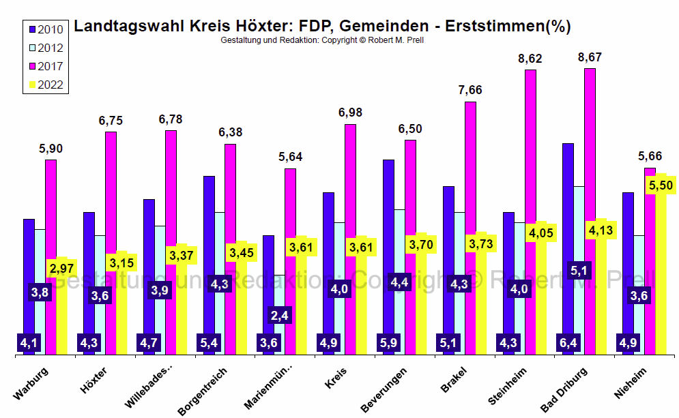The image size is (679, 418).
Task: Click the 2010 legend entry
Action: click(x=45, y=29)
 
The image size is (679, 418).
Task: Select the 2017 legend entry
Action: click(x=45, y=66)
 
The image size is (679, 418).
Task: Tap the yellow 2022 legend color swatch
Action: click(x=30, y=85)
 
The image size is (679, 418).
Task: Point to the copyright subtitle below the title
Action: click(x=322, y=41)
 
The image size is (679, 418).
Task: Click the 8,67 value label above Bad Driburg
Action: click(x=590, y=57)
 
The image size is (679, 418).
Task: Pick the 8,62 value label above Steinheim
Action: click(x=530, y=59)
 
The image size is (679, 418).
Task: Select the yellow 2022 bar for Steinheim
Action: click(x=541, y=300)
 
